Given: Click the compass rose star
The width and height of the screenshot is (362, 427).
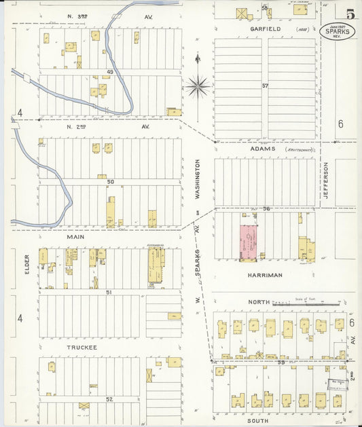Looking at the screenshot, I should point(198,86).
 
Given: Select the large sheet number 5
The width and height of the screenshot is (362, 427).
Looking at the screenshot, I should point(349,14).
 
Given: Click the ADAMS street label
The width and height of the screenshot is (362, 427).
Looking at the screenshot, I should point(262,148).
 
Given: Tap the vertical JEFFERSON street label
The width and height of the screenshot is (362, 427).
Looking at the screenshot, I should point(326,180).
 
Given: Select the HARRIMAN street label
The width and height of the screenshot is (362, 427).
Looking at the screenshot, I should point(265,275).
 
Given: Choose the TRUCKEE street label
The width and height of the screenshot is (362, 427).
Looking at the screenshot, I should point(82,347).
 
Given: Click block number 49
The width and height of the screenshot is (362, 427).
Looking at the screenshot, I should point(109,71).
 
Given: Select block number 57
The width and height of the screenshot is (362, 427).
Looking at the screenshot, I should point(266,86).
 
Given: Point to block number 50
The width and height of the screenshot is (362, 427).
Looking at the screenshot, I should point(110,182).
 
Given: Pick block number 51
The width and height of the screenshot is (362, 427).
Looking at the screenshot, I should point(109,292).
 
